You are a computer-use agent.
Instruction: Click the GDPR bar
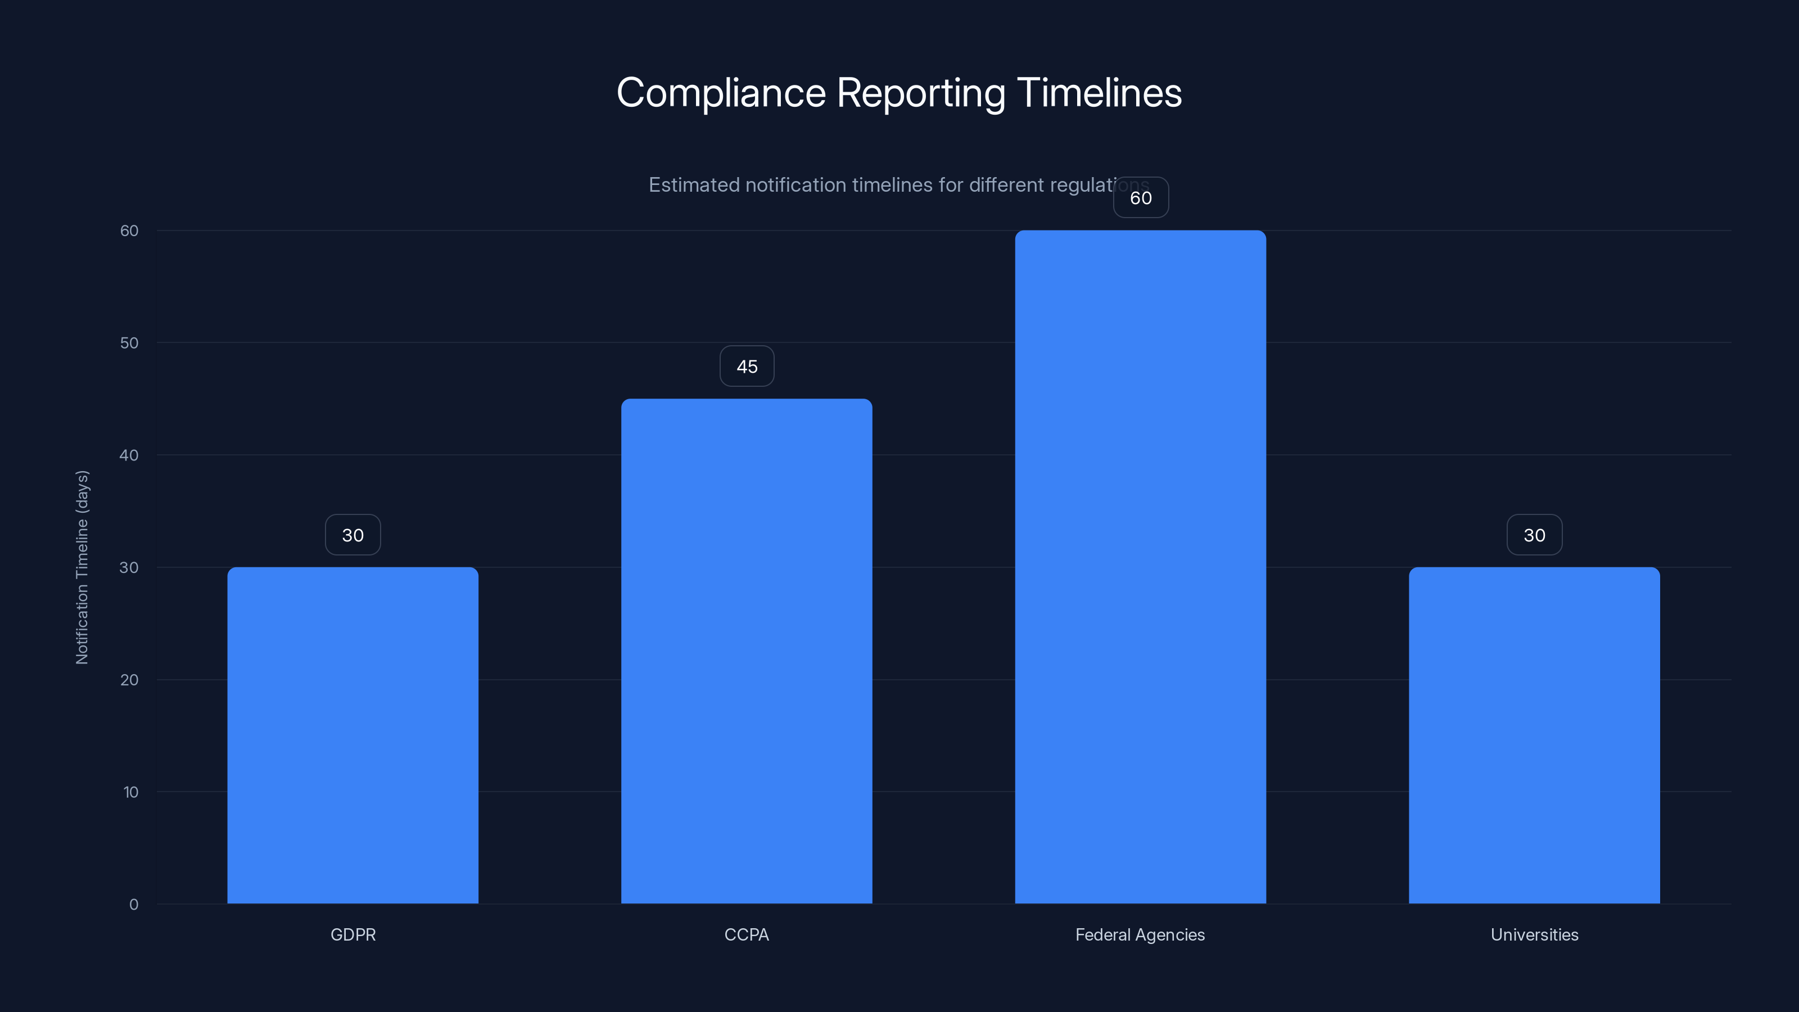[352, 735]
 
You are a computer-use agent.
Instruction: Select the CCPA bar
[747, 651]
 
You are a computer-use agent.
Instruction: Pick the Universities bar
[1534, 735]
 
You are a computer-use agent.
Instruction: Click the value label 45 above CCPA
[747, 367]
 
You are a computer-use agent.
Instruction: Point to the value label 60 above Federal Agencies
[1141, 198]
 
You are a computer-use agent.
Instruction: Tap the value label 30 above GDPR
[352, 535]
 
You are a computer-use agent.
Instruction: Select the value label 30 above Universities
[1534, 535]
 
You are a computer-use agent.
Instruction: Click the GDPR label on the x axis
[352, 934]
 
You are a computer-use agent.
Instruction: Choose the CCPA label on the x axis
[747, 934]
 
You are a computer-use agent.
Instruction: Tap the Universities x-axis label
[1534, 934]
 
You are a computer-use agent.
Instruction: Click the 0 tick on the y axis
[133, 905]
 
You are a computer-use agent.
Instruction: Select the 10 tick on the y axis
[130, 792]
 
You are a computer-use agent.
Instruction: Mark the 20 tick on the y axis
[129, 680]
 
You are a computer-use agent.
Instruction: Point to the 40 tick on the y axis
[129, 455]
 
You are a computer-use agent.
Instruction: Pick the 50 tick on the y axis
[129, 343]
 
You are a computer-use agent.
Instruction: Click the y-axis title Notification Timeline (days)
[83, 567]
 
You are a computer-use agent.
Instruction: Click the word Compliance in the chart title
[721, 93]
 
